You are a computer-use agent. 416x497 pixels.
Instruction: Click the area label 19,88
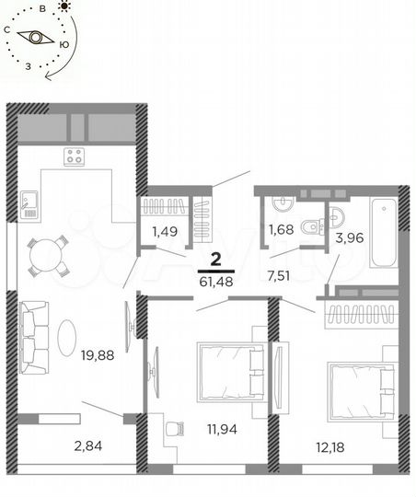(97, 354)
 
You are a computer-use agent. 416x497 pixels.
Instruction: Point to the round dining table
(48, 257)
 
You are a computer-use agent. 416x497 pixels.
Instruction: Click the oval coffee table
(69, 336)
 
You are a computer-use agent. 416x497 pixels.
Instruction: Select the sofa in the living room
(34, 335)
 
